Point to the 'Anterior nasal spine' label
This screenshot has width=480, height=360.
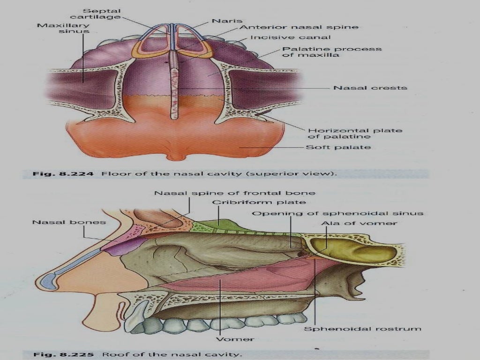point(299,27)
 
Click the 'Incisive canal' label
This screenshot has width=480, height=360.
point(290,37)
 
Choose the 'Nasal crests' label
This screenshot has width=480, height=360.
point(370,88)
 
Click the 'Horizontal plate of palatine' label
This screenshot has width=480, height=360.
point(354,134)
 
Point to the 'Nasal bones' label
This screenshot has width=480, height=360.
point(69,222)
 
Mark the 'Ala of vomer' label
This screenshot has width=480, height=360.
point(359,223)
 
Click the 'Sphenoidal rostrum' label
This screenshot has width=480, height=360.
point(362,329)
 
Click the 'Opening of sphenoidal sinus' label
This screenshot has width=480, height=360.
point(337,213)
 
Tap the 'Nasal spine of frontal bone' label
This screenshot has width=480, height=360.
point(235,193)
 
